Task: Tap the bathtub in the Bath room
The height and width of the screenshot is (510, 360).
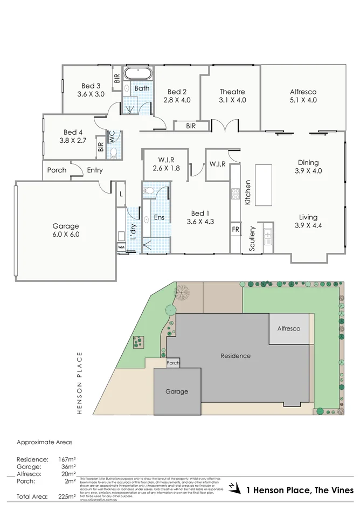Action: pyautogui.click(x=139, y=75)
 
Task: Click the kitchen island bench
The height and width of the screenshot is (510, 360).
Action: pyautogui.click(x=264, y=185)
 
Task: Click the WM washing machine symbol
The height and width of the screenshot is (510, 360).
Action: pyautogui.click(x=121, y=247)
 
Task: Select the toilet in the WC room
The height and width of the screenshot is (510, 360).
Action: pyautogui.click(x=113, y=153)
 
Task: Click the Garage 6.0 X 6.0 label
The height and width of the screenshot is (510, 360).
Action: pyautogui.click(x=66, y=230)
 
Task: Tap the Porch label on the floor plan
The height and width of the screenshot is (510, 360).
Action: pyautogui.click(x=57, y=170)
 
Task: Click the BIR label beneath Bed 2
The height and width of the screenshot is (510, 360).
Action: pyautogui.click(x=190, y=126)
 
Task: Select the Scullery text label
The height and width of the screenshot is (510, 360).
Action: pyautogui.click(x=252, y=238)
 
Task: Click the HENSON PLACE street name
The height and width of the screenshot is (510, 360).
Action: pyautogui.click(x=79, y=382)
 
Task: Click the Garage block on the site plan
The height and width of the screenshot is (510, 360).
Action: pyautogui.click(x=177, y=391)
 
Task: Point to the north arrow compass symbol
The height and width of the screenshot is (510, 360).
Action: pyautogui.click(x=233, y=487)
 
